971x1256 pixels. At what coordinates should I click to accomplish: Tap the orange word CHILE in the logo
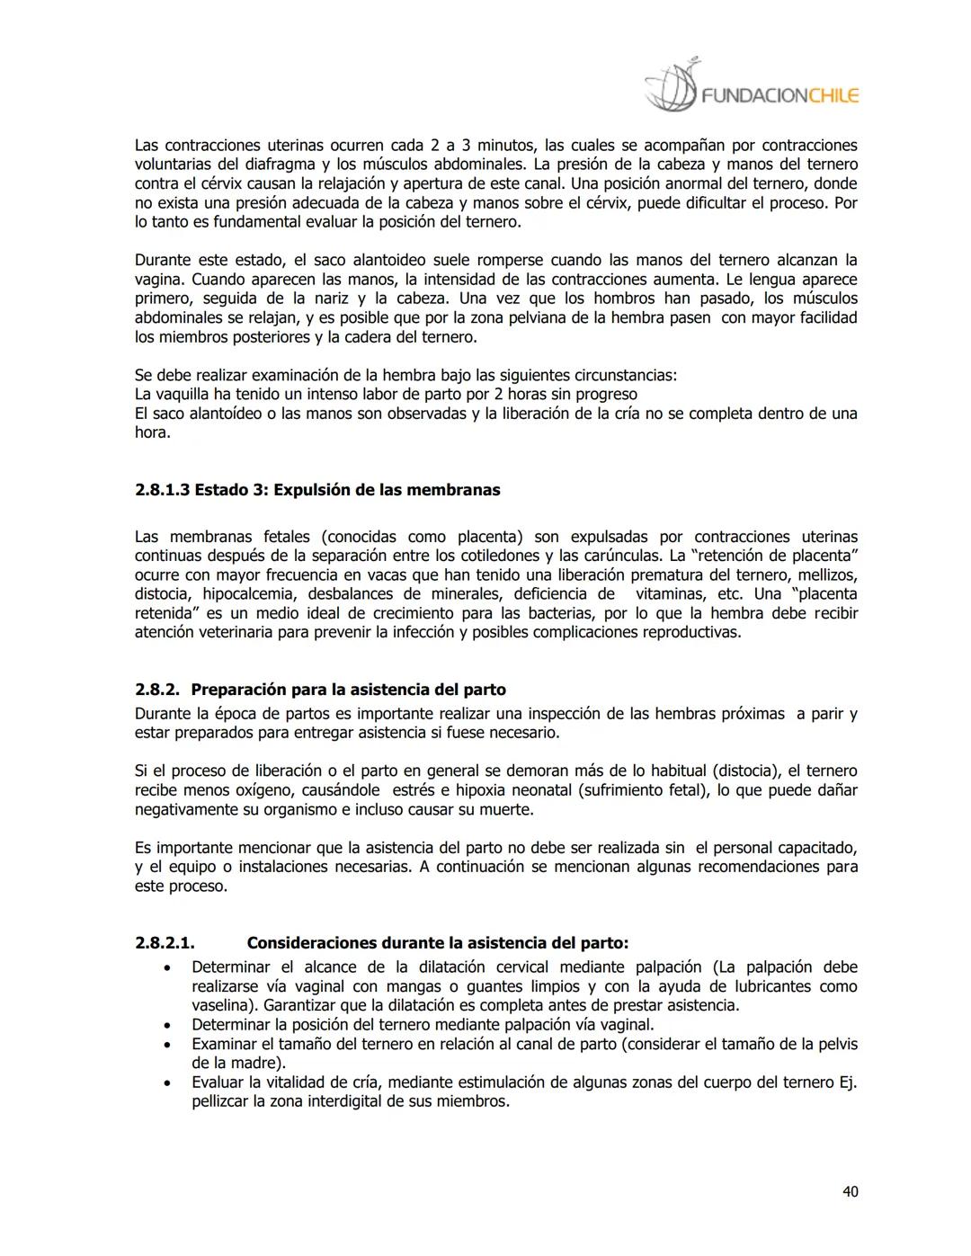pyautogui.click(x=833, y=95)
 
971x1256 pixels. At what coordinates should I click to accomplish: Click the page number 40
pyautogui.click(x=850, y=1191)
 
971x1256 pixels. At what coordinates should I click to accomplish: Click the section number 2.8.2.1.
pyautogui.click(x=165, y=943)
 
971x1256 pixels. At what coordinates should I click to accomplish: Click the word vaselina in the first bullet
pyautogui.click(x=224, y=1005)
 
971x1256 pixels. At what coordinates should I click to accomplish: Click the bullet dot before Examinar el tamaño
pyautogui.click(x=166, y=1045)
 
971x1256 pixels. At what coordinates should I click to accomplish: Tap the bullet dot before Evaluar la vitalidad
pyautogui.click(x=166, y=1083)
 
